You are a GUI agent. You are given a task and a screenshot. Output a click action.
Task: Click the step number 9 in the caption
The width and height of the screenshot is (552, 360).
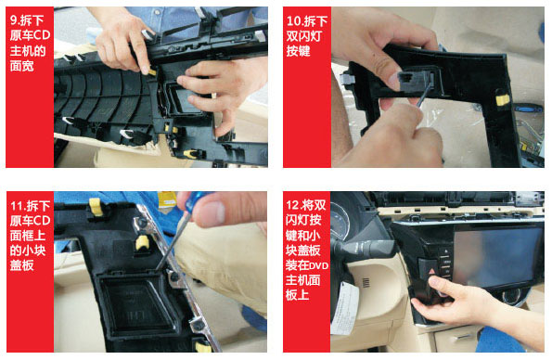click(13, 20)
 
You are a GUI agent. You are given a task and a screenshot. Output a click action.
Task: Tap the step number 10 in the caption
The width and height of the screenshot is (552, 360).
click(293, 21)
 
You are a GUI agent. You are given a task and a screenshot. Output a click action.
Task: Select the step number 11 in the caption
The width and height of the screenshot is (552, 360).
click(17, 205)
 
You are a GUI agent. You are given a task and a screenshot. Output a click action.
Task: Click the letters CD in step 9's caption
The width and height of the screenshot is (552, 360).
click(43, 35)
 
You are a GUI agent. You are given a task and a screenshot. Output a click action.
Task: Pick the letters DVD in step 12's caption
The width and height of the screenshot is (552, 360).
click(320, 265)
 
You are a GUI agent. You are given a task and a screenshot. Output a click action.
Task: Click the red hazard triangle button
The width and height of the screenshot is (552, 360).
click(431, 271)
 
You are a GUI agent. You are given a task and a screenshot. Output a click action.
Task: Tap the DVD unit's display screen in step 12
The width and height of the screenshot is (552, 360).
click(496, 256)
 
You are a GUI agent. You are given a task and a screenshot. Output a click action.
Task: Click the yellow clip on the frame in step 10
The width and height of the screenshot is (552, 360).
click(503, 99)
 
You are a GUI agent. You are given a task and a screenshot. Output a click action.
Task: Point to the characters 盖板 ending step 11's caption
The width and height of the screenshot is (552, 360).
click(22, 265)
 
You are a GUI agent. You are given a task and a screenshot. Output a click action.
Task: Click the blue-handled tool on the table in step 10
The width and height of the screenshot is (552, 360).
click(527, 108)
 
